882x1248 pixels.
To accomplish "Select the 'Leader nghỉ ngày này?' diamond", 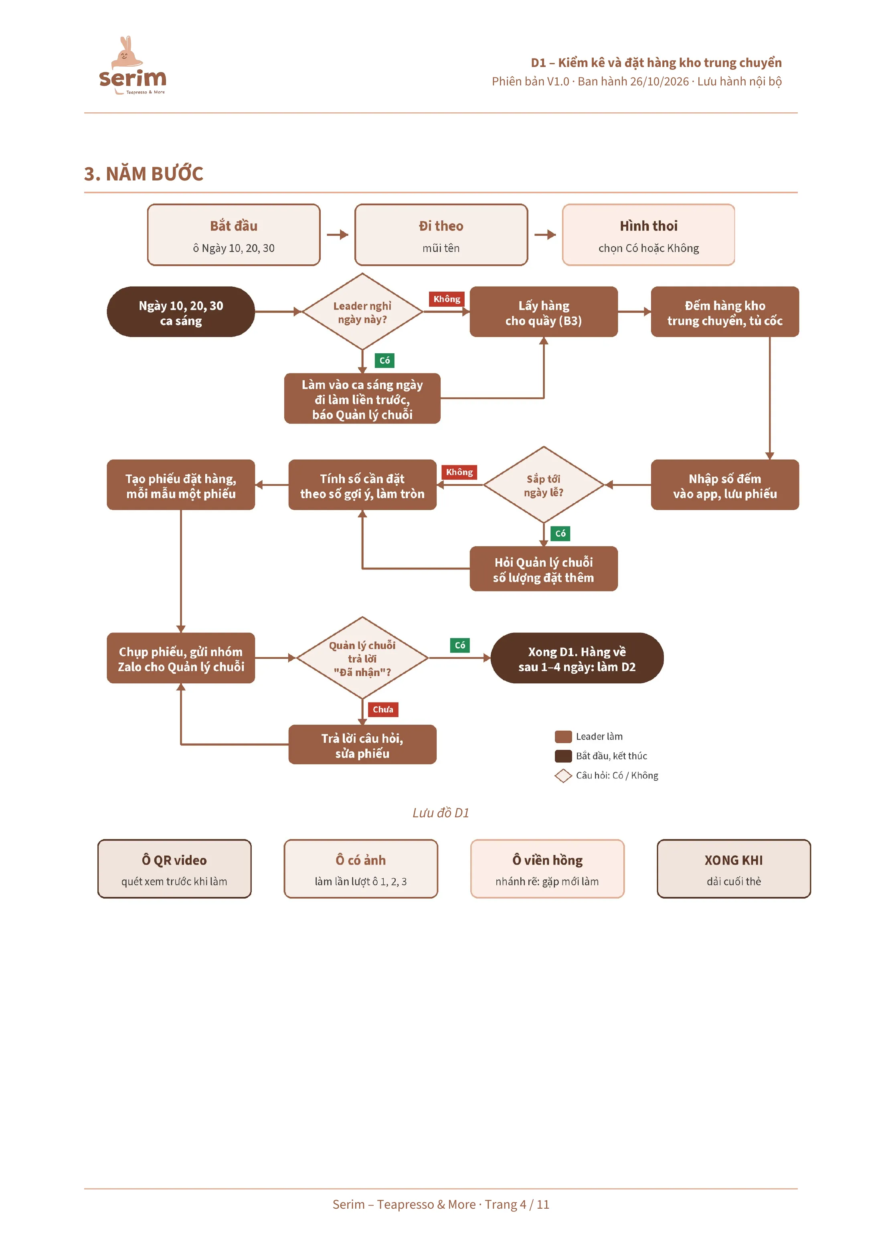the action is tap(362, 312).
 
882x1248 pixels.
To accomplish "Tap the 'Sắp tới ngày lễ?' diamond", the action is tap(544, 485).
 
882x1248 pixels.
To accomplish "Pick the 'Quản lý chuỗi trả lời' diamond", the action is tap(362, 658).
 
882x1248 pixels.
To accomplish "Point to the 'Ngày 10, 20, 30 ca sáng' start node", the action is tap(181, 312).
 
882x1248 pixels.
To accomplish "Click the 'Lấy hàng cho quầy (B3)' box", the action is tap(544, 312).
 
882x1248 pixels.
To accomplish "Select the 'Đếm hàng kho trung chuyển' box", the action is tap(725, 312).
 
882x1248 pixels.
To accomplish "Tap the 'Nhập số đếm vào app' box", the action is tap(725, 485).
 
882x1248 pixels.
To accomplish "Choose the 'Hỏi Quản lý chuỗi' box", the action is tap(544, 569).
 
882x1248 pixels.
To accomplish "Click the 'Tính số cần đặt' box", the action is tap(362, 485).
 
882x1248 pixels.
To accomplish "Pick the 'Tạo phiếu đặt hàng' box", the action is tap(181, 485).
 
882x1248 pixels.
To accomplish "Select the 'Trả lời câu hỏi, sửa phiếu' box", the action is tap(362, 745).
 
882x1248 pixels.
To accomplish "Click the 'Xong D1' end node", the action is tap(577, 658).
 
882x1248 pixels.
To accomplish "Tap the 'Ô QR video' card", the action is tap(174, 869).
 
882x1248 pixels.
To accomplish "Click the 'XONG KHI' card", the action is tap(734, 869).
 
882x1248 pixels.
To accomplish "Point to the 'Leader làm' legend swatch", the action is tap(563, 737).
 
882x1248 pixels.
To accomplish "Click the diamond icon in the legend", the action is tap(563, 776).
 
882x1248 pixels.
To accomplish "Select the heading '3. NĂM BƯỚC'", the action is tap(144, 174).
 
